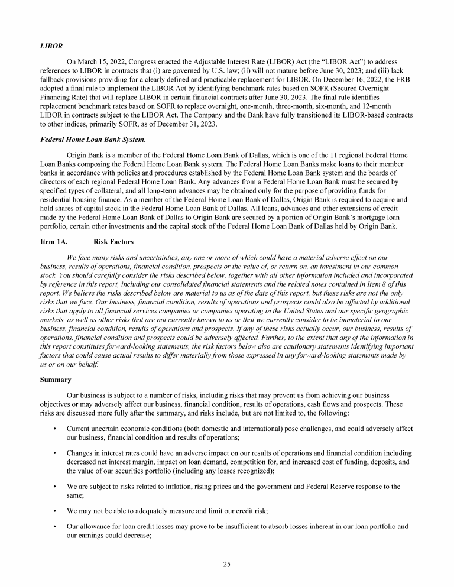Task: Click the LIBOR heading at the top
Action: (51, 45)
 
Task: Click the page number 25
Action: (227, 564)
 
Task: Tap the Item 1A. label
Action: (53, 242)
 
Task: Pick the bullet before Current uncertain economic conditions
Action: (54, 429)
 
